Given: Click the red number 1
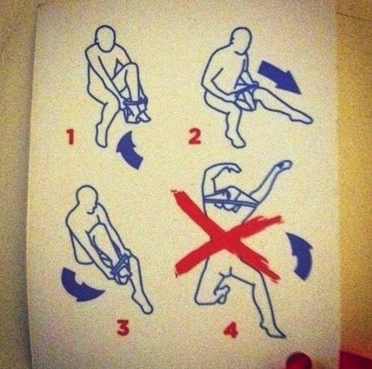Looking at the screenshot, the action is (x=70, y=137).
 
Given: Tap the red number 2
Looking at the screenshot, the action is (x=195, y=137).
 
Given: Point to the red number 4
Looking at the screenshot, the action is (x=231, y=329).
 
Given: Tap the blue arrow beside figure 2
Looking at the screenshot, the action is (x=279, y=76).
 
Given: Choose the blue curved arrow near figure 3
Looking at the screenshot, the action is (x=78, y=287).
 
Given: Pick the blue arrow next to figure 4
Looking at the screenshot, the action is (x=301, y=255).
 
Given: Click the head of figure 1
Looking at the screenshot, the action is (x=105, y=38).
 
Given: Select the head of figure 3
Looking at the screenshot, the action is (x=87, y=198).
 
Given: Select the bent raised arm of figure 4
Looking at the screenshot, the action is (x=220, y=170).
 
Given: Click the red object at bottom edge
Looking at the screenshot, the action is (x=300, y=361).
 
